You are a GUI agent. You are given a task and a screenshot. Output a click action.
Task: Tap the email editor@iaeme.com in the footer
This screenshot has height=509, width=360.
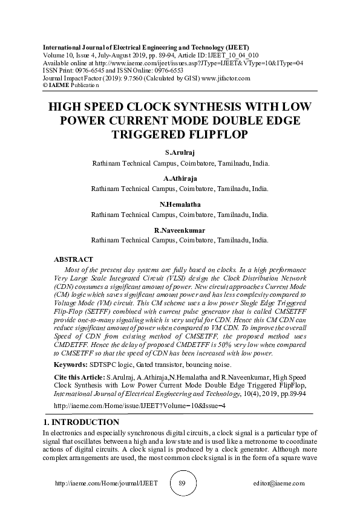[x=279, y=484]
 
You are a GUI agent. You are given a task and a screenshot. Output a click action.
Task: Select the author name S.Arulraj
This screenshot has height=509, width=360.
[x=180, y=153]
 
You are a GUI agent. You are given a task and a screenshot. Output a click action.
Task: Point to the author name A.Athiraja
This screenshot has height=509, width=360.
[x=180, y=179]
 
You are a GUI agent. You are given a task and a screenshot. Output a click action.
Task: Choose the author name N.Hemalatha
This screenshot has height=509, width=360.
[x=180, y=204]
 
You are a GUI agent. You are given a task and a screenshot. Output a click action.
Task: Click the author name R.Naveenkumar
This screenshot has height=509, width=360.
[x=180, y=230]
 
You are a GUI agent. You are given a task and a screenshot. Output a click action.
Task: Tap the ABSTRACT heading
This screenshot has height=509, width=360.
[x=73, y=259]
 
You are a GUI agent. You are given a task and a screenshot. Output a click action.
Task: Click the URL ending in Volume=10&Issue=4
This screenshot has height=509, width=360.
[x=140, y=406]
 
